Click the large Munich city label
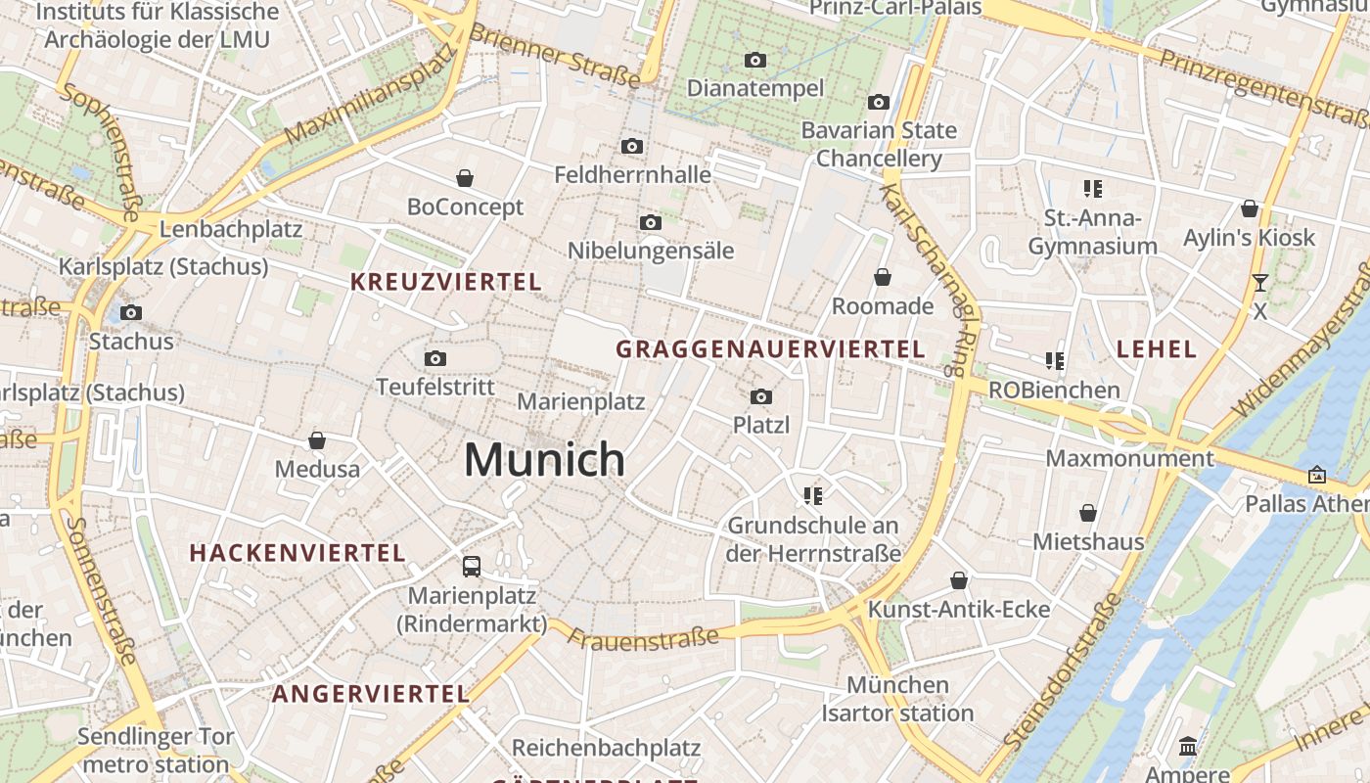[544, 459]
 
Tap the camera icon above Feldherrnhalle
[632, 147]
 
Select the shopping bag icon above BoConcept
[465, 178]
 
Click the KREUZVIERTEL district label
[445, 283]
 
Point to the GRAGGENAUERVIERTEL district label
[770, 349]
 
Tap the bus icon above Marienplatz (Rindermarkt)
[472, 566]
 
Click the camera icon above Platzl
[761, 396]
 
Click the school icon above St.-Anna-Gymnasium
[1092, 189]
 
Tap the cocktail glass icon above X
[1259, 283]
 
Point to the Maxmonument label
[1129, 458]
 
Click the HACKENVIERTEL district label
[297, 553]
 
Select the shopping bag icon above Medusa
[317, 440]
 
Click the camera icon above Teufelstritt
[435, 358]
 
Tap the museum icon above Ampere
[1188, 747]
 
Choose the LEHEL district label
[1157, 349]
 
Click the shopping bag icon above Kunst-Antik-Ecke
[959, 580]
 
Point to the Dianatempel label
[755, 88]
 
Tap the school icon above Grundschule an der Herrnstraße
[812, 496]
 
